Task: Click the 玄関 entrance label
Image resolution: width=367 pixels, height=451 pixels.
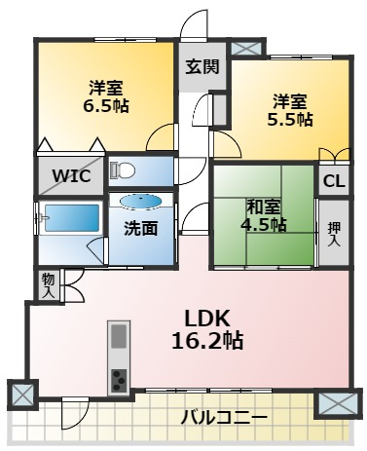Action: (202, 67)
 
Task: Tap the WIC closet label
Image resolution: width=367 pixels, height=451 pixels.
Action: (71, 176)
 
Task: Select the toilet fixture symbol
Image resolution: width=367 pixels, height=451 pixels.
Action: (123, 169)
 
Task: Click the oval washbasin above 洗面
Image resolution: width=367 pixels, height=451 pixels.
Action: (140, 201)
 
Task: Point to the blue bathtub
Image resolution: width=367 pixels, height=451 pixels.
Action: (72, 218)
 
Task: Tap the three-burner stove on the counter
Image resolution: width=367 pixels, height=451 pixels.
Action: (119, 380)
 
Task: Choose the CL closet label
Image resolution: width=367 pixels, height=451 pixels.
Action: (334, 181)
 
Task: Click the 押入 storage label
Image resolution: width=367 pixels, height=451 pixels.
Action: (334, 234)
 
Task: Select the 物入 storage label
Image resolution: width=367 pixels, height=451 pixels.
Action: (49, 285)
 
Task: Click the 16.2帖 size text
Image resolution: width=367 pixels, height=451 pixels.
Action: (207, 341)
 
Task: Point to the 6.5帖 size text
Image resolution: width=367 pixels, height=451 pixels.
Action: (106, 105)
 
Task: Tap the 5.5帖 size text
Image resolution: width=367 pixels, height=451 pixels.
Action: (290, 120)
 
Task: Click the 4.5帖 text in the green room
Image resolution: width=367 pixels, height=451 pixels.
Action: (263, 224)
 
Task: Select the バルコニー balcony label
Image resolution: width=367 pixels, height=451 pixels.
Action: (224, 417)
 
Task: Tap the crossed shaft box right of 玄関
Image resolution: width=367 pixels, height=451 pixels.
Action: (245, 49)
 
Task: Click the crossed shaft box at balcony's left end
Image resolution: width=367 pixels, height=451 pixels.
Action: (22, 395)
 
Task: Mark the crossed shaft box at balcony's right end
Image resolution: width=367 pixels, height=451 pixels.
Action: (338, 403)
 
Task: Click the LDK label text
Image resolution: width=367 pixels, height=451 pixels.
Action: (207, 319)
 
